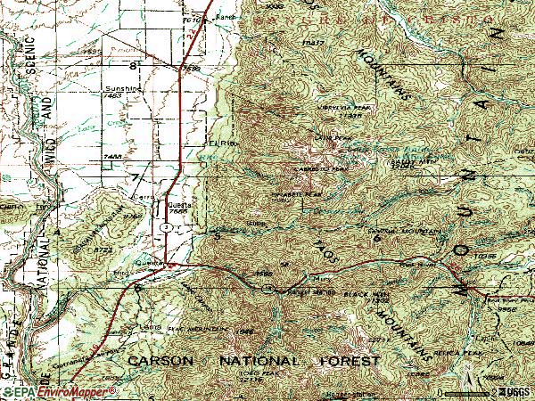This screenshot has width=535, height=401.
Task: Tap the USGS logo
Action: [511, 390]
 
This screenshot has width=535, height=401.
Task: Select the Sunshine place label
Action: [123, 90]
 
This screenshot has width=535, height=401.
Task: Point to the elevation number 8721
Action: [104, 250]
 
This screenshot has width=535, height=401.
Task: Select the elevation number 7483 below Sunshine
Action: [111, 156]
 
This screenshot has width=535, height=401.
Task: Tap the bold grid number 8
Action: [134, 66]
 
